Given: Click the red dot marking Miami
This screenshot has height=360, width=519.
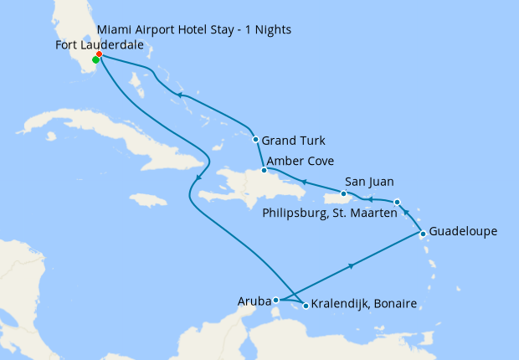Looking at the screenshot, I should [x=99, y=54].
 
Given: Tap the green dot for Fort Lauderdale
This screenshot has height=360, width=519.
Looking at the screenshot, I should [x=95, y=60].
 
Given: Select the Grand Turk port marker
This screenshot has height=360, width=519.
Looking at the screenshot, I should [x=254, y=139].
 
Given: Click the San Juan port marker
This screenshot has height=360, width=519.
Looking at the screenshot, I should [x=343, y=193].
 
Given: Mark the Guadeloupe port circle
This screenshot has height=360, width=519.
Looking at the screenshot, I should [x=424, y=234].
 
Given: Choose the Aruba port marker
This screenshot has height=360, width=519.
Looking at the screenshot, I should [x=275, y=299].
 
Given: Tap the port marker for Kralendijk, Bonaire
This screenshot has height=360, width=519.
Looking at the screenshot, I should [x=306, y=306].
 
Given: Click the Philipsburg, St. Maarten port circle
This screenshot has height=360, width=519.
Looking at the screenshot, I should [x=397, y=202].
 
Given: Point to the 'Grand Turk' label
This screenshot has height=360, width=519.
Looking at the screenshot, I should [x=293, y=140].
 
